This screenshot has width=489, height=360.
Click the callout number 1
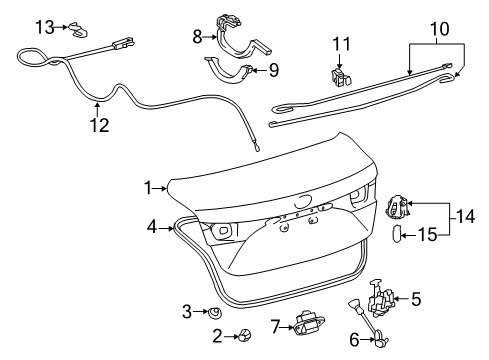(147, 187)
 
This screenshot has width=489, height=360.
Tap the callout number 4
(152, 227)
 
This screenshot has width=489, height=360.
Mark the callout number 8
(197, 38)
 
